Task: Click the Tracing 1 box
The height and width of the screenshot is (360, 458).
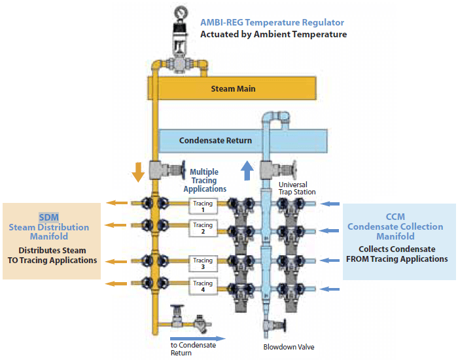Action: (203, 206)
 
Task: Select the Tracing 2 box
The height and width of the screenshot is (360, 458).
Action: (203, 228)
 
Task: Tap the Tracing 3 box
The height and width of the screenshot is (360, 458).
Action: (203, 263)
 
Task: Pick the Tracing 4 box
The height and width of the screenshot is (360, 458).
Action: (203, 286)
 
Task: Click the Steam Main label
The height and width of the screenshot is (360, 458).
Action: (233, 88)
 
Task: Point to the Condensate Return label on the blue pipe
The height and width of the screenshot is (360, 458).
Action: (215, 141)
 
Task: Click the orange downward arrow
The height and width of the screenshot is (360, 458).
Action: (138, 172)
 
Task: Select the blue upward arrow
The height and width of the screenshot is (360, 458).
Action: (247, 170)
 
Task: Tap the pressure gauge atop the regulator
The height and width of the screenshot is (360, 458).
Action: (181, 13)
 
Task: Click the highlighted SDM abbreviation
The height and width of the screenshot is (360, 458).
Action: (49, 217)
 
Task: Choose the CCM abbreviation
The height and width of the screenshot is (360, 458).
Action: (395, 217)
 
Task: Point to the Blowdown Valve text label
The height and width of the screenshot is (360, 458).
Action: (289, 347)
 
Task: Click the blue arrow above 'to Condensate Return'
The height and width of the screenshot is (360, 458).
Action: (198, 338)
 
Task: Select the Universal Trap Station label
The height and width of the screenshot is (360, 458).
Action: (297, 189)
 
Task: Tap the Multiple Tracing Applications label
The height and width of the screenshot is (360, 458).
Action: (205, 180)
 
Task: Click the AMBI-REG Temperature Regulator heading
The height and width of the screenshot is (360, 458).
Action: (272, 22)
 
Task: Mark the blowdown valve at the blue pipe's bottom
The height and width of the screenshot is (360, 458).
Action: (274, 325)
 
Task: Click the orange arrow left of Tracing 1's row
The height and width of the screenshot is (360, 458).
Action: (116, 203)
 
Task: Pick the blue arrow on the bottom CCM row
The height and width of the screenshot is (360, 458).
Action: (330, 289)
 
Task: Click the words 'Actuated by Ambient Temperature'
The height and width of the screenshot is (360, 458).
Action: (273, 34)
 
